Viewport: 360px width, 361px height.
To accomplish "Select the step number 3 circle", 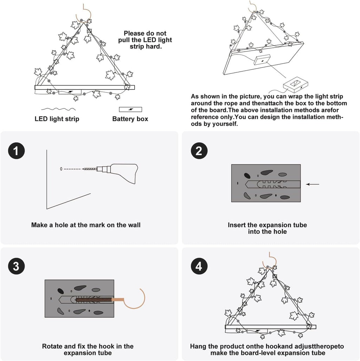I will click(16, 266).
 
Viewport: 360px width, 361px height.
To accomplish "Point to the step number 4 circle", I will click(199, 266).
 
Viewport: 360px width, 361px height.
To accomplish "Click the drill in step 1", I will click(120, 172).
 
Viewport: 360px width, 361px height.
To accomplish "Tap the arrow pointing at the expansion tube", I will click(313, 184).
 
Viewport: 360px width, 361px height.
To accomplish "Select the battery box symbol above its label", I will click(130, 109).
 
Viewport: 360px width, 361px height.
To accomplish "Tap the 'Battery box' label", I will click(130, 119).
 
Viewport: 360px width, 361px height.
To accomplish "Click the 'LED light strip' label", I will click(57, 119).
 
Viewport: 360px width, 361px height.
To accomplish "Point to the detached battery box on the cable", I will click(296, 84).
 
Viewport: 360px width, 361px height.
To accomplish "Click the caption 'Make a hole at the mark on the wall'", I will click(86, 225).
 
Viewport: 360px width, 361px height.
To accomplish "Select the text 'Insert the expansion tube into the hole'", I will click(267, 228).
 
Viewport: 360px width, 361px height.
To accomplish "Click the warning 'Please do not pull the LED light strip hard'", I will click(145, 40).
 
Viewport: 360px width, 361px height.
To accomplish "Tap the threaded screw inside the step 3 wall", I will click(93, 300).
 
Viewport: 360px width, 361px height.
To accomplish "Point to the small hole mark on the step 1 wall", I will click(61, 169).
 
